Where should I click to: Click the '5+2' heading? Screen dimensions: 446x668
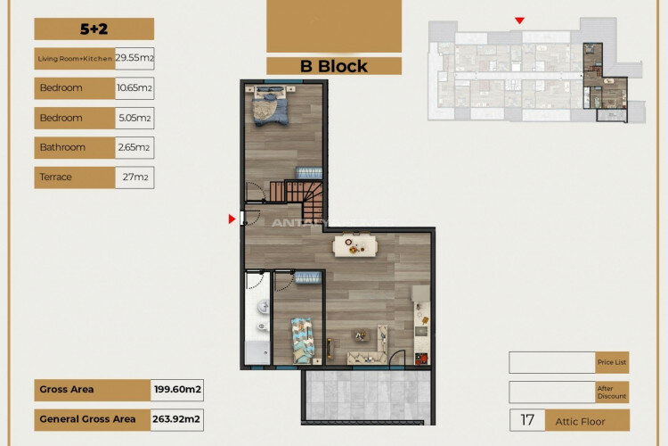coord(94,29)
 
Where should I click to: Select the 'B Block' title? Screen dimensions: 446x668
coord(333,66)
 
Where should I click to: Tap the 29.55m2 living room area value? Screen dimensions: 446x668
coord(134,59)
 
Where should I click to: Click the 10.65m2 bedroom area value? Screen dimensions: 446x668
coord(134,88)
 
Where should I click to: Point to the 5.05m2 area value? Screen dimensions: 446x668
coord(134,118)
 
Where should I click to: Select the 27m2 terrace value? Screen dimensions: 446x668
coord(134,177)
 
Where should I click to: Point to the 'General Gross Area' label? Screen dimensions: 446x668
coord(87,418)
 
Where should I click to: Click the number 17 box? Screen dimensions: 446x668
coord(527,420)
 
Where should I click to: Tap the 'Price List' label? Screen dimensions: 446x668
coord(613,363)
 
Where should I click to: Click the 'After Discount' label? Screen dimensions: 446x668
coord(613,392)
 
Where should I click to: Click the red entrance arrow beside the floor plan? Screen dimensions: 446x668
coord(232,219)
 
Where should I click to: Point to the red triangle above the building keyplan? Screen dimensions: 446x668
coord(519,21)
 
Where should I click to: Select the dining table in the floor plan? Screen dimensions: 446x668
coord(354,244)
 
